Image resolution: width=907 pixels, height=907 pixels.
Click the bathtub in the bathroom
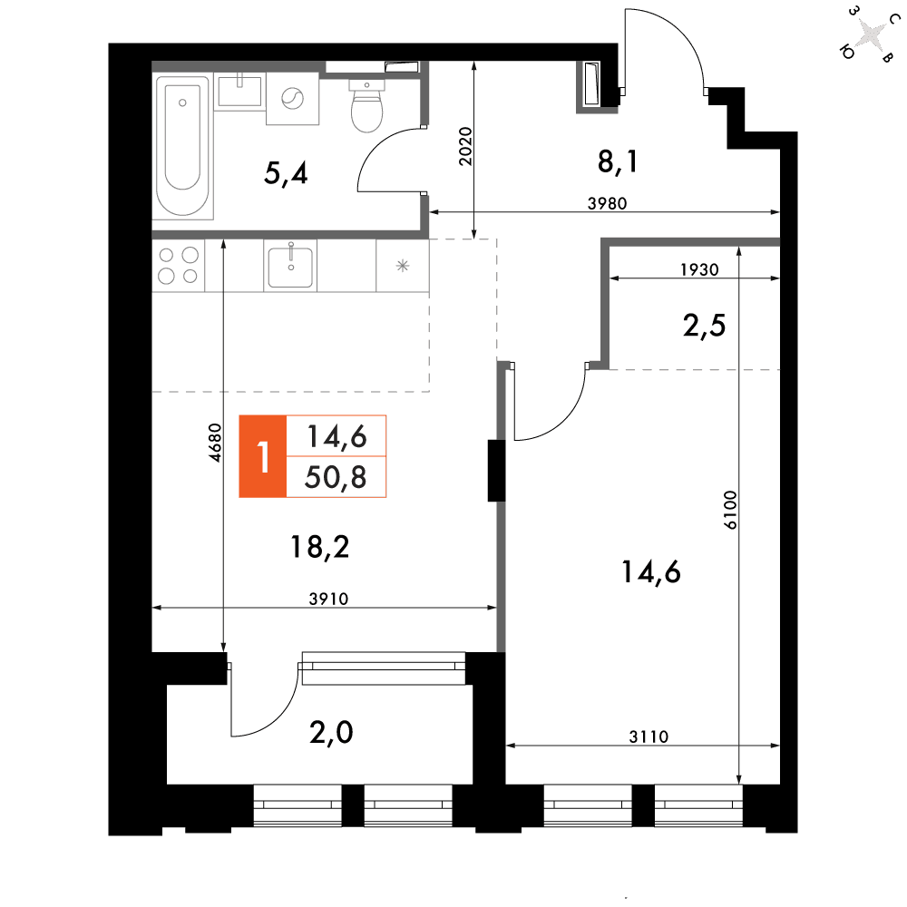[183, 146]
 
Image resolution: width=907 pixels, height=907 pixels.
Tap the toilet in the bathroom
[366, 106]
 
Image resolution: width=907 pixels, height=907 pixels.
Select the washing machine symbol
[292, 98]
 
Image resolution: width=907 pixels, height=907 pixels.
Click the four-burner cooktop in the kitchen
[178, 266]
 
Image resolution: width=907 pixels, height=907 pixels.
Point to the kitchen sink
[290, 266]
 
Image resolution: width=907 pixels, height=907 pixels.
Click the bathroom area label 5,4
[286, 173]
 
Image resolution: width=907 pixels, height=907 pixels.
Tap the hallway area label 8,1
[617, 161]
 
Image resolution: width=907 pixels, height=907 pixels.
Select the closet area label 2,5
[704, 325]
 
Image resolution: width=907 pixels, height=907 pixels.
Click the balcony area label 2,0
[331, 732]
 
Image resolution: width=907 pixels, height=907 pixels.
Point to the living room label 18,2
[320, 547]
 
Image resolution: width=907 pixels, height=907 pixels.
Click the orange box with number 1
[263, 456]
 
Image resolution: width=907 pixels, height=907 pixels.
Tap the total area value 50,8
[336, 477]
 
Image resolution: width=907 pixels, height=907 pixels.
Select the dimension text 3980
[608, 203]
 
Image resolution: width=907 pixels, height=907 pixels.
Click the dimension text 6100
[730, 510]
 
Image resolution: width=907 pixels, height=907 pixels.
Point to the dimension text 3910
[328, 599]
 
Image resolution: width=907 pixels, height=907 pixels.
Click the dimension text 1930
[699, 269]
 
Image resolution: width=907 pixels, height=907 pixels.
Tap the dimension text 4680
[215, 443]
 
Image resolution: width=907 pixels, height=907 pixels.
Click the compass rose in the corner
[870, 34]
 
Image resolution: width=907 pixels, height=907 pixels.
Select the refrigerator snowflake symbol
[403, 266]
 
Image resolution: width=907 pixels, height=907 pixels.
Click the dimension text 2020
[465, 146]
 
